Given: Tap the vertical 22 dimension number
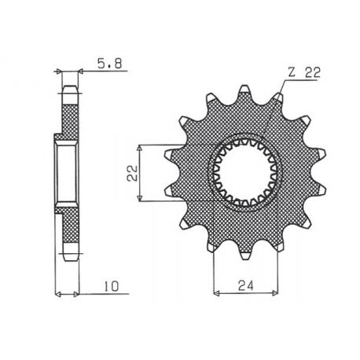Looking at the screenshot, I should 134,172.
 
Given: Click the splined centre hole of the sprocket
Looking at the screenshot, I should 242,173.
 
